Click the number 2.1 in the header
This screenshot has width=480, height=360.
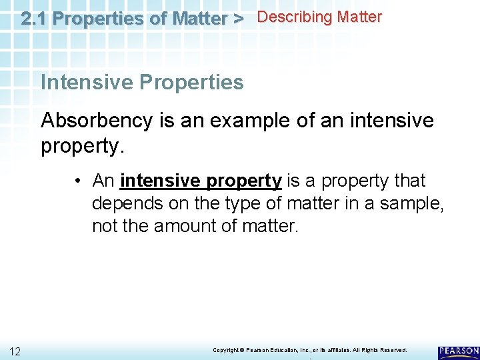click(x=34, y=19)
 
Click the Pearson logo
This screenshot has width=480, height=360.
click(x=458, y=351)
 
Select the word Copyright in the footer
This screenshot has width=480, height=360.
click(x=226, y=350)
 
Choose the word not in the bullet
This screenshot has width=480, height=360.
click(x=104, y=226)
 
